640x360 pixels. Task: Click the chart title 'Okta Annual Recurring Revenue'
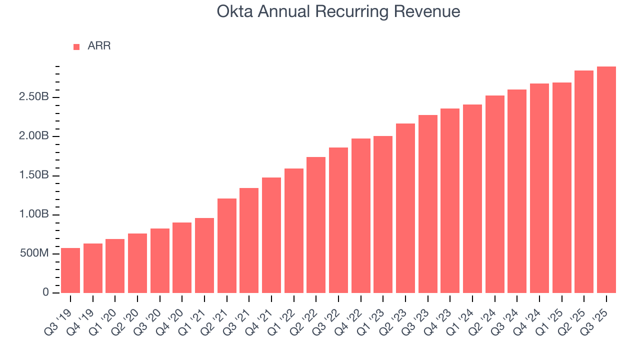click(338, 11)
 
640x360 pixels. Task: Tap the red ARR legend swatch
click(76, 46)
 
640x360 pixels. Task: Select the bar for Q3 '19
click(70, 270)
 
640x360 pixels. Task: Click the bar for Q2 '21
click(227, 245)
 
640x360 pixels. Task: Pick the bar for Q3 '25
click(606, 179)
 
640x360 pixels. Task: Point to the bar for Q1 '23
click(383, 214)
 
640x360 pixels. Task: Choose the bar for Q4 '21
click(271, 235)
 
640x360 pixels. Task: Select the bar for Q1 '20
click(115, 266)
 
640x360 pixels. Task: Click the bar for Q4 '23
click(450, 200)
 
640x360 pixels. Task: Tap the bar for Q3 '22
click(338, 220)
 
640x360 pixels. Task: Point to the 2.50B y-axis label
click(33, 97)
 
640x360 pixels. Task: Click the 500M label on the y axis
click(34, 254)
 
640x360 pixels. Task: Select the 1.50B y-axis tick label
click(33, 175)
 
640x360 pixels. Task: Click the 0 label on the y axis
click(45, 293)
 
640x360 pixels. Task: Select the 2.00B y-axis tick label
click(33, 136)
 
